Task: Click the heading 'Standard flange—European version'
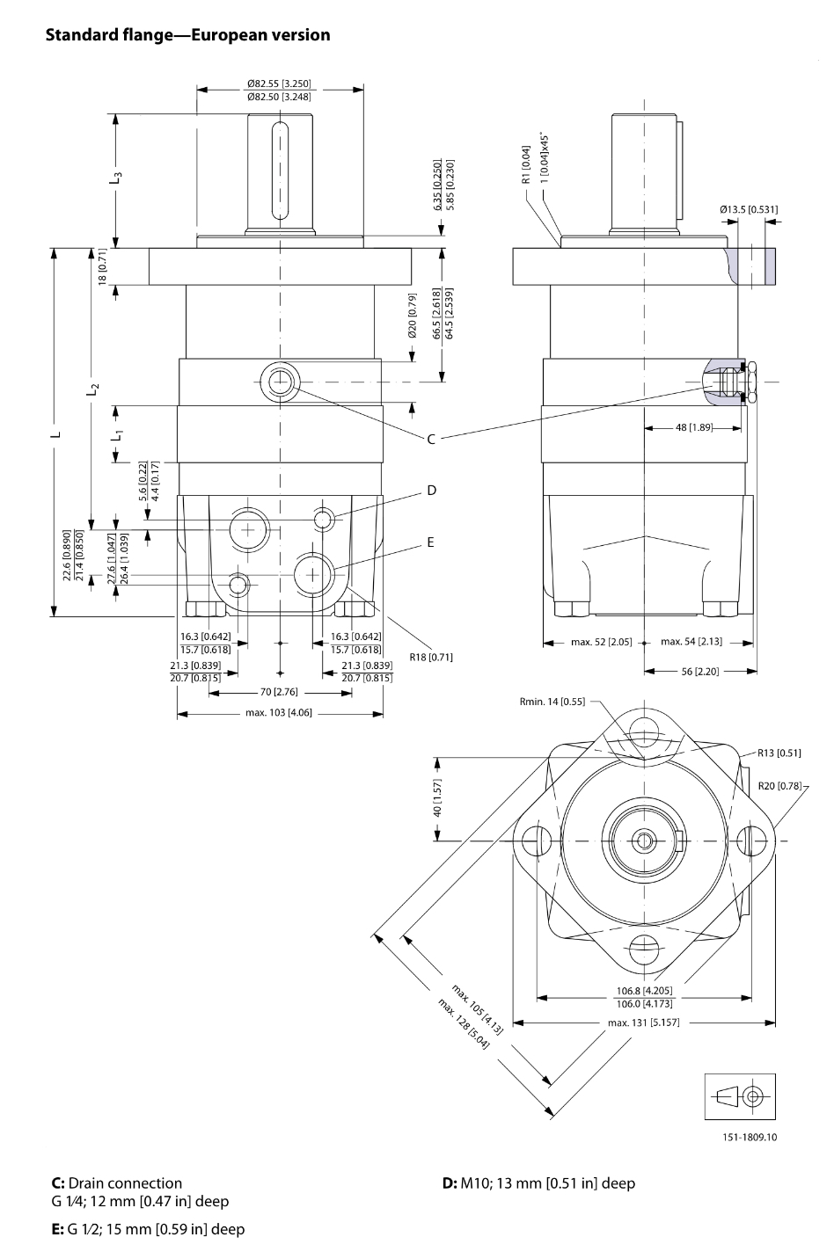(187, 35)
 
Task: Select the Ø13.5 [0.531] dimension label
(748, 209)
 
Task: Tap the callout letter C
(431, 439)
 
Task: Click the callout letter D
(431, 490)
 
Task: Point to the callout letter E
(431, 542)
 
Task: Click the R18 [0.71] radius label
(431, 657)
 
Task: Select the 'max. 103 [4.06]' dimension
(280, 713)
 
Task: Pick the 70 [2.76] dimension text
(280, 693)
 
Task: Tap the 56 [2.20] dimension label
(700, 671)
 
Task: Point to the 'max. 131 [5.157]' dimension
(643, 1022)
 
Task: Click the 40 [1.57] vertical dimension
(438, 797)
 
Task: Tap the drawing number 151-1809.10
(750, 1137)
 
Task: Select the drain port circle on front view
(280, 381)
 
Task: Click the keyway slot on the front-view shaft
(280, 171)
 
